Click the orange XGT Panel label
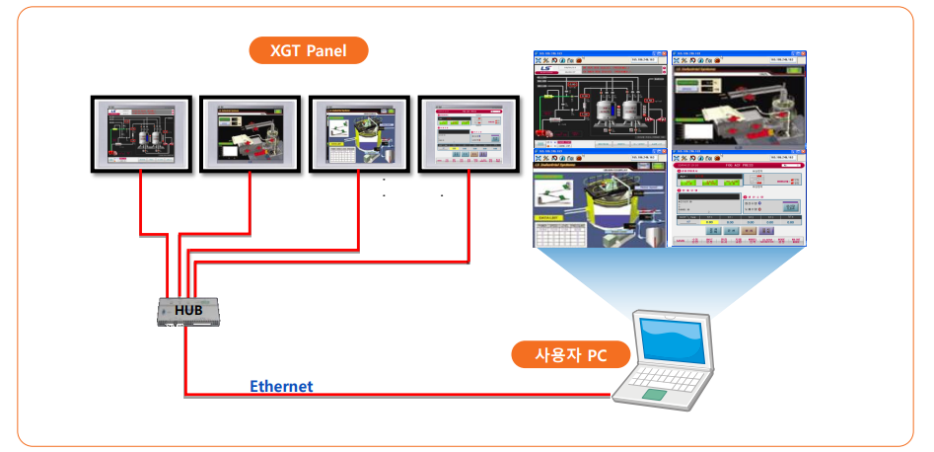(x=308, y=50)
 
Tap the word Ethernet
(x=281, y=386)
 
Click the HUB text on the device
(x=188, y=310)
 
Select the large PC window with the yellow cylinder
(x=600, y=199)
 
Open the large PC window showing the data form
(x=736, y=199)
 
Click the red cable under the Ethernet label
(x=395, y=396)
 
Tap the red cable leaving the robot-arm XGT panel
(x=251, y=202)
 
